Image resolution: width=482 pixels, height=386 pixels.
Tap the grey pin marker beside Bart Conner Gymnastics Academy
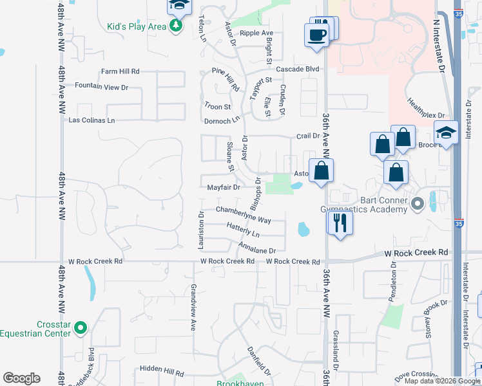pos(418,205)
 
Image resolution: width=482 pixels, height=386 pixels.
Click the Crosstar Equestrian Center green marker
pos(81,328)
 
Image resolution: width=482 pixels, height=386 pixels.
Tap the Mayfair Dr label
pos(223,188)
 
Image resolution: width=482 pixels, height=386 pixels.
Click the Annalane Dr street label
pos(256,248)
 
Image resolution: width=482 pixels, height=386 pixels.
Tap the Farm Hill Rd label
pos(120,71)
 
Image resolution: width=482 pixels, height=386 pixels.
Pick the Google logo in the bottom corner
pos(21,378)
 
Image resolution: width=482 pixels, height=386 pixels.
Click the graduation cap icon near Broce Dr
pos(445,133)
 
